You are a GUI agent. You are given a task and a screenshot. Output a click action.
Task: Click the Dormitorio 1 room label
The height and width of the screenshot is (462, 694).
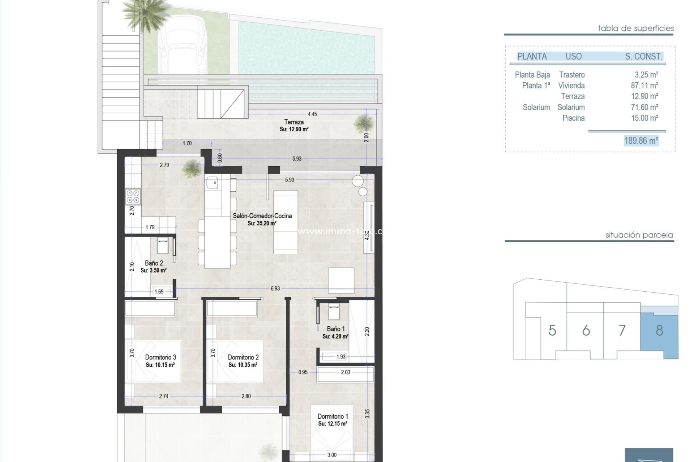coord(333,416)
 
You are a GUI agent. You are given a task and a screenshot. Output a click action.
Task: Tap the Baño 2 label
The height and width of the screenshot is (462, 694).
coord(154,263)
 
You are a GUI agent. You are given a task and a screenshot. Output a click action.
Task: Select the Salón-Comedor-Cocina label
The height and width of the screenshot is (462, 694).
coord(262,216)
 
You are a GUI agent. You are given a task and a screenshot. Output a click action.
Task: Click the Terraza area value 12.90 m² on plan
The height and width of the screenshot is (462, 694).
coord(294,129)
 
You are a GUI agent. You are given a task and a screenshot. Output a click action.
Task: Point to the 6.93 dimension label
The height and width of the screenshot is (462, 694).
coord(275,288)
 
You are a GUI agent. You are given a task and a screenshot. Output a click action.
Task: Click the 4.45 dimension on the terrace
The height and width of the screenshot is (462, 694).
coord(312,114)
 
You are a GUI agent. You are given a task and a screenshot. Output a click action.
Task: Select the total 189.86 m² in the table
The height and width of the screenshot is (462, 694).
coord(641,140)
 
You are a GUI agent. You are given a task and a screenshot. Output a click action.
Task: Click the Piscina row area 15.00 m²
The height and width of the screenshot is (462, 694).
coord(644,118)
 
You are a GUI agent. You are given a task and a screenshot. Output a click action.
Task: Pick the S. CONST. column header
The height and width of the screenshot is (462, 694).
coord(643,56)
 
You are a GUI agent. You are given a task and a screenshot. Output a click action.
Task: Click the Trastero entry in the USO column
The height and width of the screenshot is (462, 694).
coord(571,75)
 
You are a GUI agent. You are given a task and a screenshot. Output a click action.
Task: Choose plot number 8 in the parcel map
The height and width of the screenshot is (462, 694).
coord(659,330)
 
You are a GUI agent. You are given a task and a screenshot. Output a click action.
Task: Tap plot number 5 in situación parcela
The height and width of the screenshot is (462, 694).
coord(552,330)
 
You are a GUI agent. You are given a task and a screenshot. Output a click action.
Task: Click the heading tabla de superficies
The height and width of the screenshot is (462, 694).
coord(635,28)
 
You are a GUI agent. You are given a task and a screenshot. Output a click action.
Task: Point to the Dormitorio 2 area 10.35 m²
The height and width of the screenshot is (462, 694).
coord(243,365)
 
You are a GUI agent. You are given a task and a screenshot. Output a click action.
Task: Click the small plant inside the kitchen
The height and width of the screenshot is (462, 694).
coord(192,169)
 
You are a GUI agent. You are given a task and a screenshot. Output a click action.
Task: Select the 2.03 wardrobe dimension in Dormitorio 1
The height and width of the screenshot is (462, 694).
coord(345,372)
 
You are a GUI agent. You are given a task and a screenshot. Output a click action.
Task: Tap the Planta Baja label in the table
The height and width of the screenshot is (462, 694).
coord(532,75)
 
